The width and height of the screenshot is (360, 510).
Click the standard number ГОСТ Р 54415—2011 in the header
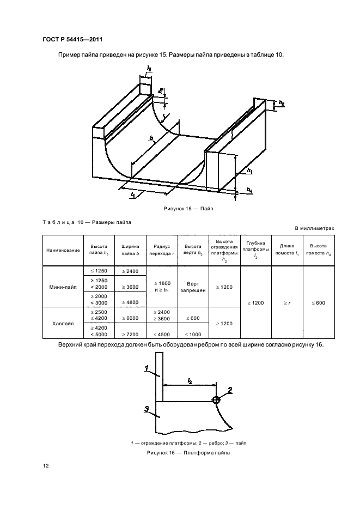tap(72, 40)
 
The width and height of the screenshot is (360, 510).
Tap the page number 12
tap(46, 465)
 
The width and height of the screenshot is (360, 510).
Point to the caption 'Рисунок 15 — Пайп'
tap(180, 209)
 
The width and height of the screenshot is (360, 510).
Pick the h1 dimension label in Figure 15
tap(249, 171)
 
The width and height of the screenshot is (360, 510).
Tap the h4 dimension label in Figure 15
tap(249, 190)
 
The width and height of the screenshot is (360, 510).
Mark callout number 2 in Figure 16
tap(230, 390)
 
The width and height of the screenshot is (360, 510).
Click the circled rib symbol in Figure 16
tap(216, 400)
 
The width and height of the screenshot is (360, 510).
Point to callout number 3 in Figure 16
tap(148, 408)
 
